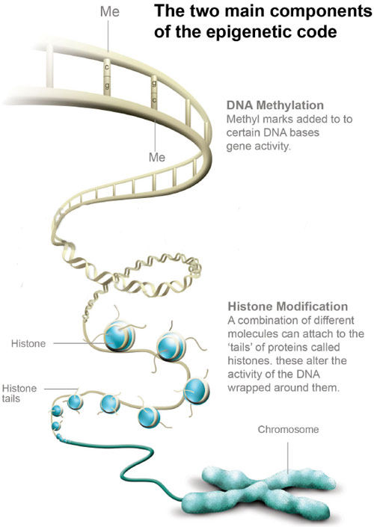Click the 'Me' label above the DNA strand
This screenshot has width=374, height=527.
pos(110,12)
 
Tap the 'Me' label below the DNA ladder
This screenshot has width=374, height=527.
pos(157,157)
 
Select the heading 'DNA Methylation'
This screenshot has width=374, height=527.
pos(275,105)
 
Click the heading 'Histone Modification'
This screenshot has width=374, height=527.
pos(288,306)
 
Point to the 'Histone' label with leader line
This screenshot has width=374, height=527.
pos(28,344)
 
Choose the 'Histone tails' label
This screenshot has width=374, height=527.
pos(19,393)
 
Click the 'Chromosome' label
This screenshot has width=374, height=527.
pos(288,429)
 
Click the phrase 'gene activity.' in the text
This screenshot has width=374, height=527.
pos(258,147)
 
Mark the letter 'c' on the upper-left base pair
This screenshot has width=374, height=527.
pos(107,67)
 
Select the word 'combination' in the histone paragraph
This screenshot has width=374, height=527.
pos(270,320)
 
